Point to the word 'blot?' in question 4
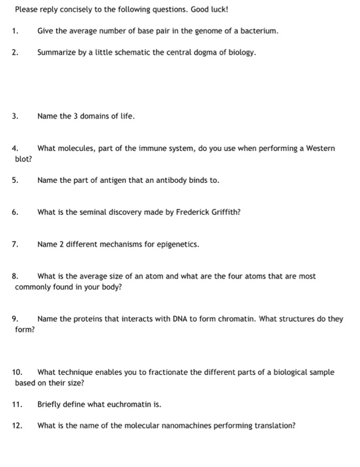coord(24,159)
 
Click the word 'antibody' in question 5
coord(155,180)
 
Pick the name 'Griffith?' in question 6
coord(223,212)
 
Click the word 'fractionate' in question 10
coord(139,372)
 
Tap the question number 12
coord(17,425)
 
